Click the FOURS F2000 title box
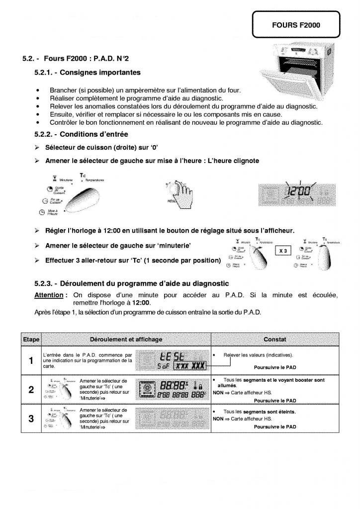click(x=296, y=24)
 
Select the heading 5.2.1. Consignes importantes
click(x=88, y=73)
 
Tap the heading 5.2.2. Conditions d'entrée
click(x=81, y=134)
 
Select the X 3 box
click(x=283, y=251)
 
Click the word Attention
click(x=48, y=295)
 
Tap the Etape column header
click(x=31, y=339)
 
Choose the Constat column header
click(x=274, y=339)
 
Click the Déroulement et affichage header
click(x=126, y=339)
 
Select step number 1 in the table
click(x=31, y=360)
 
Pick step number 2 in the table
click(x=31, y=389)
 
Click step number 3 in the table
click(x=31, y=418)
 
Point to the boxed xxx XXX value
click(x=190, y=366)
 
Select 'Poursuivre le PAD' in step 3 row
click(x=274, y=426)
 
